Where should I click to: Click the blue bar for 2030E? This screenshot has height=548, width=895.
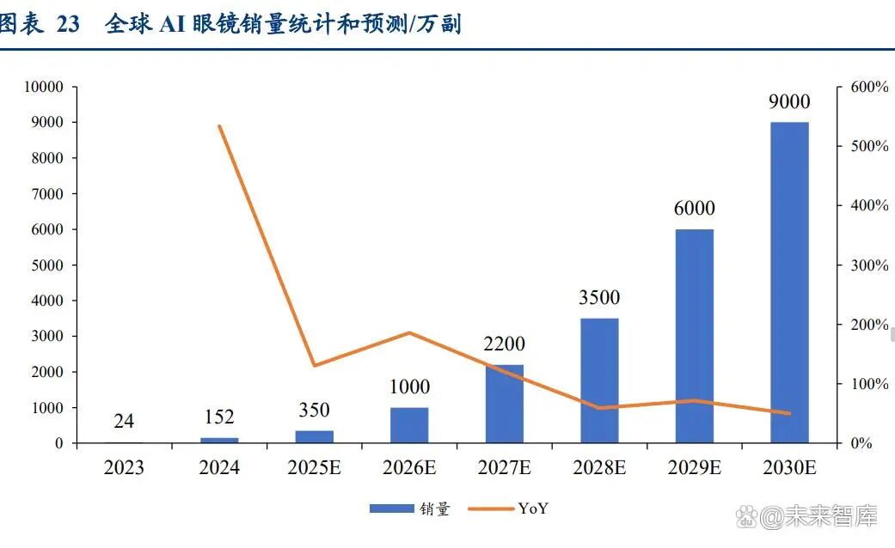click(x=789, y=283)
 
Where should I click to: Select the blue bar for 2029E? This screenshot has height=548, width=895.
click(x=694, y=336)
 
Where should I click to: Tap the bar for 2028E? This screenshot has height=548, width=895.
click(x=599, y=381)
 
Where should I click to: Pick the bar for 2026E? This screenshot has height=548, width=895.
click(x=409, y=425)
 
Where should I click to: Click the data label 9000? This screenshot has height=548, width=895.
click(x=789, y=102)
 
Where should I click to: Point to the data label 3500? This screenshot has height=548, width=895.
click(x=599, y=298)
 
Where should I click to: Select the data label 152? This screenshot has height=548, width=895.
click(x=219, y=417)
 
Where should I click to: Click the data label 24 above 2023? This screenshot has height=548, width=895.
click(x=125, y=421)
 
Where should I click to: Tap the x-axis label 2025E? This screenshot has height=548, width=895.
click(x=315, y=468)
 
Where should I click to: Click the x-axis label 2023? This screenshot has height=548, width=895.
click(x=125, y=468)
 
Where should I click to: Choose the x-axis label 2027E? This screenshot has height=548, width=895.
click(x=505, y=468)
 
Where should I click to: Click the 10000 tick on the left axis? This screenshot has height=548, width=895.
click(x=43, y=87)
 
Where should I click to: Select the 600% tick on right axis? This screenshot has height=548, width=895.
click(x=868, y=87)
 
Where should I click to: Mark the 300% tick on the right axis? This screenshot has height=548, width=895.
click(x=868, y=265)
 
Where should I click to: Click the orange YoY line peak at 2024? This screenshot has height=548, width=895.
click(x=220, y=126)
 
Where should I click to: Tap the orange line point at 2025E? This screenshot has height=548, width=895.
click(x=315, y=366)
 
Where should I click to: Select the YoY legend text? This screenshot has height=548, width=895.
click(x=533, y=508)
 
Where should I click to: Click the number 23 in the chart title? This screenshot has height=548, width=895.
click(x=68, y=24)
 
